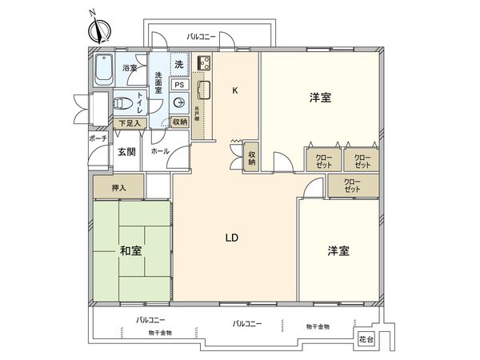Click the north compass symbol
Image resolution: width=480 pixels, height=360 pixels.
(x=99, y=30)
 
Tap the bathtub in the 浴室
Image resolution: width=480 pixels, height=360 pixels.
(x=102, y=73)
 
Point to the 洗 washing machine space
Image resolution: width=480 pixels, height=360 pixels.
(x=180, y=63)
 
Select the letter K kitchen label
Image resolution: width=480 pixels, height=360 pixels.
(x=234, y=90)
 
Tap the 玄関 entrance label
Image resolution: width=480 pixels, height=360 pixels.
(x=127, y=151)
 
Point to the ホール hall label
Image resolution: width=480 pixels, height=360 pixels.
(x=159, y=151)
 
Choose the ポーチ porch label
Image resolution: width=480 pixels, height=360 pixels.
(x=98, y=138)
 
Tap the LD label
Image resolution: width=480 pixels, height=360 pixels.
(x=232, y=238)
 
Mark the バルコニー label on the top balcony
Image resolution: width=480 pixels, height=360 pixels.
(x=198, y=37)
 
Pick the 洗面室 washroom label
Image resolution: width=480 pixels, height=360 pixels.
(x=158, y=84)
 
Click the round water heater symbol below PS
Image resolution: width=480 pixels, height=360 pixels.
(x=181, y=102)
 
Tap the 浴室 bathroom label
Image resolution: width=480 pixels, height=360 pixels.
(x=128, y=70)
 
